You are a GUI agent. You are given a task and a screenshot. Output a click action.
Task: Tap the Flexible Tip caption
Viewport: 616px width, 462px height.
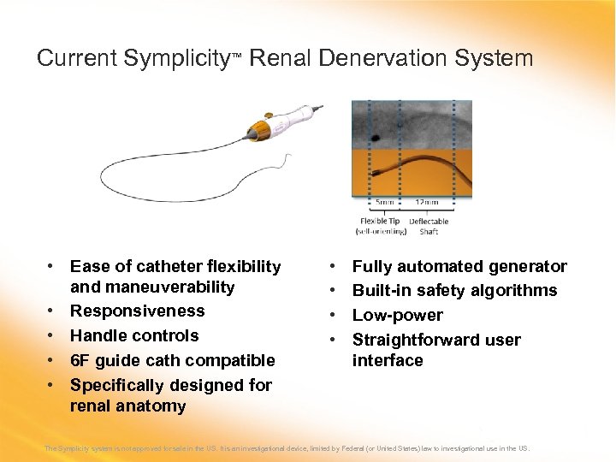pos(380,222)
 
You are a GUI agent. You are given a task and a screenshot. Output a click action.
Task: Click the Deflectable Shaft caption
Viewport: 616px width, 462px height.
pos(428,226)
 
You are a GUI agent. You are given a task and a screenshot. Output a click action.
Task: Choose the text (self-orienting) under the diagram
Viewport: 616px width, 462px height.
pos(382,231)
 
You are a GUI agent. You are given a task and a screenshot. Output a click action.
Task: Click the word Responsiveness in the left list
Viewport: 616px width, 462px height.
pos(137,311)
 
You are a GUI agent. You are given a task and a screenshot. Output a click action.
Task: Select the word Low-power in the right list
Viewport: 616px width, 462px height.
pos(397,315)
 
